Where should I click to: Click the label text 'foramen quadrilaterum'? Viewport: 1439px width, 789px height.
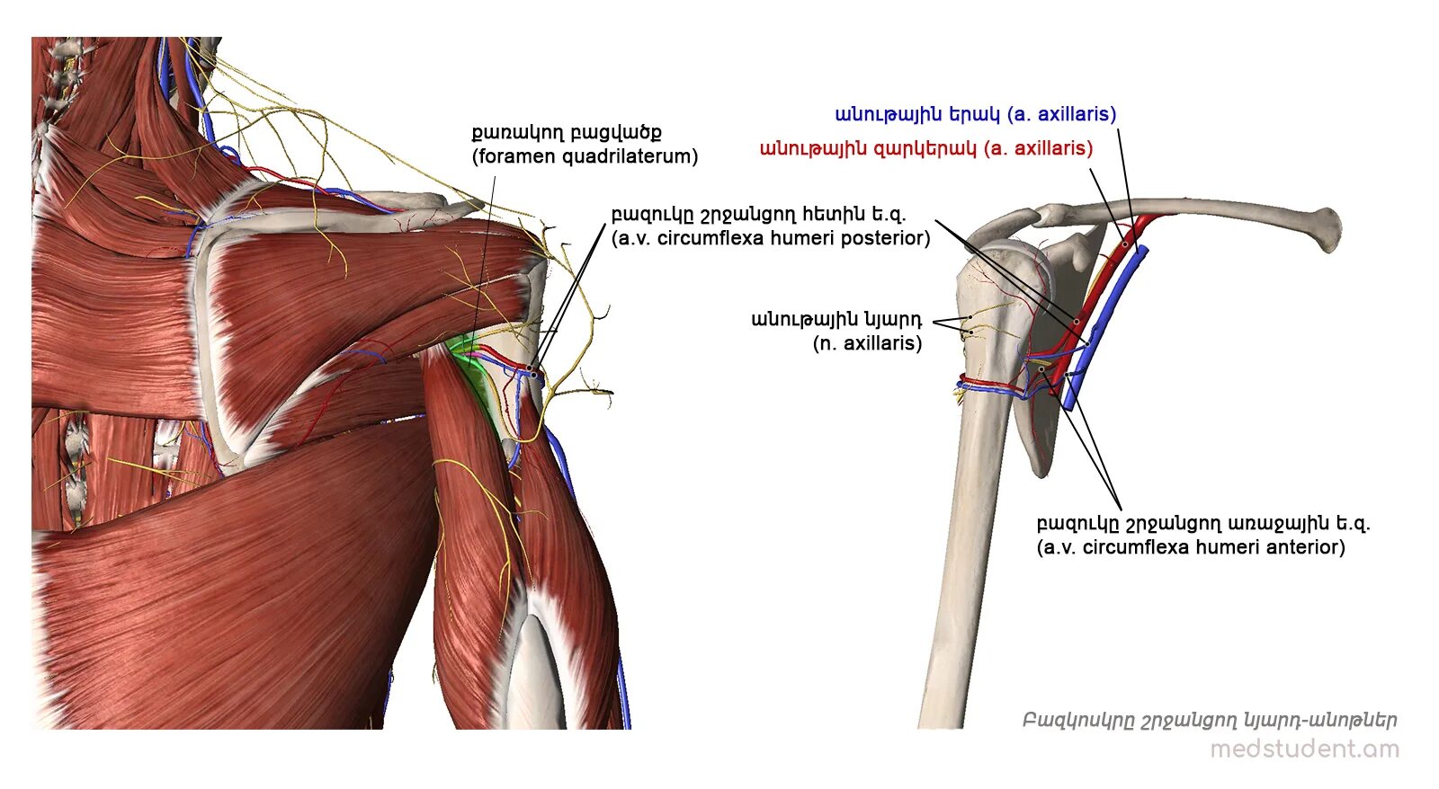[x=585, y=156]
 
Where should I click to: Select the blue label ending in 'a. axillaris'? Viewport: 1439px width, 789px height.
[x=976, y=114]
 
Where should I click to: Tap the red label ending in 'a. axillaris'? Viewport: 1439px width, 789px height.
[x=926, y=148]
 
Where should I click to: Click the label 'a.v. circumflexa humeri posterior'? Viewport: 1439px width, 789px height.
[x=771, y=238]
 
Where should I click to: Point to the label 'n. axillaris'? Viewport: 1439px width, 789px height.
[x=868, y=343]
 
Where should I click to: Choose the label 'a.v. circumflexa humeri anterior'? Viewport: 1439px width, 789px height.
[x=1191, y=547]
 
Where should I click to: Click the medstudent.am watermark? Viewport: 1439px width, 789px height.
[x=1304, y=749]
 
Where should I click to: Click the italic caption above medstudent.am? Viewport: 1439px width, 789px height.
[x=1210, y=721]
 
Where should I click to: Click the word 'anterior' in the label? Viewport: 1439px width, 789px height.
[x=1304, y=547]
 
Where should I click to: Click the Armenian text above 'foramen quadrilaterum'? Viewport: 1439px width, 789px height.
[x=567, y=133]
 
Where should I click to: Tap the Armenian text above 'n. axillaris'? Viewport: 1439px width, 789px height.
[x=836, y=319]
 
